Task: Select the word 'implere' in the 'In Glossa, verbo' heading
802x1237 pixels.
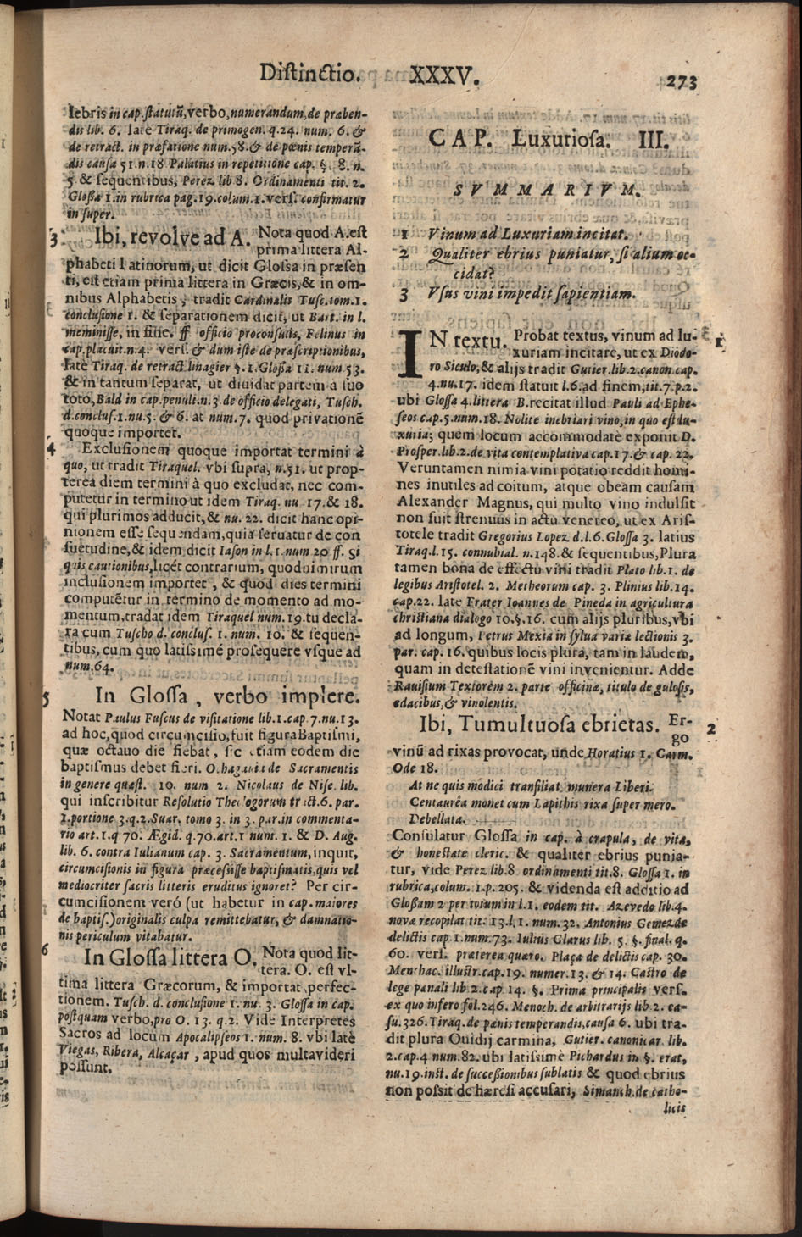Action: coord(320,696)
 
